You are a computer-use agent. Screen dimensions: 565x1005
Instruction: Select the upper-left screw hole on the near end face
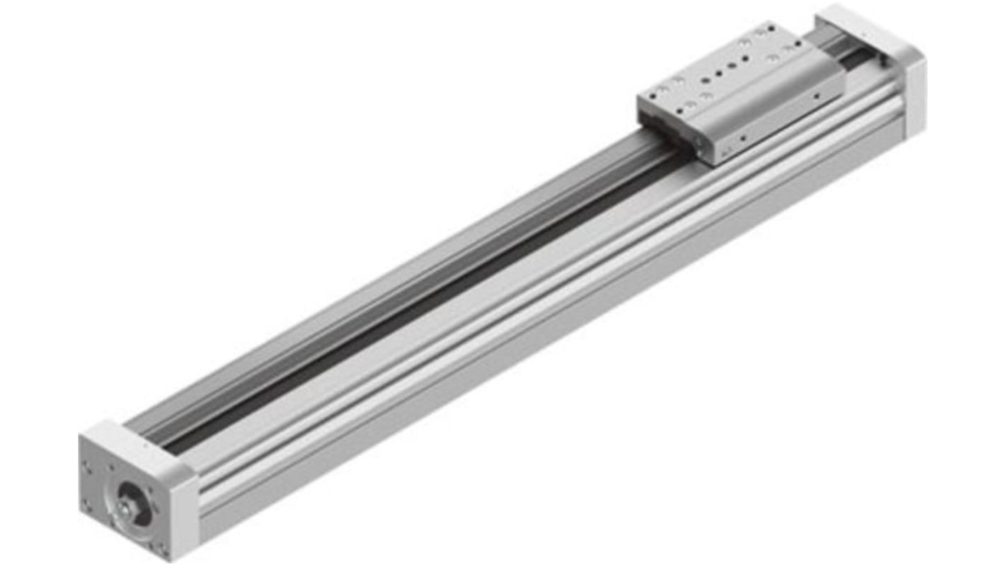point(91,467)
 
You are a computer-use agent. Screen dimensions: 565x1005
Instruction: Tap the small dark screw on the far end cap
point(883,62)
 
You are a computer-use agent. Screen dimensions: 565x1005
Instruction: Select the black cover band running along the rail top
point(425,297)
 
